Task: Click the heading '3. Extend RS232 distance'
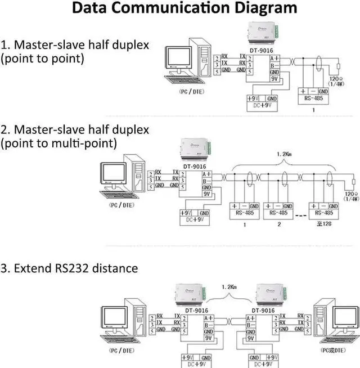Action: pos(69,268)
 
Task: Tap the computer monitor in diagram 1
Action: pos(178,58)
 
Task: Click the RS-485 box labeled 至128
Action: pos(325,210)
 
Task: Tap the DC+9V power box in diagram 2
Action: pos(194,216)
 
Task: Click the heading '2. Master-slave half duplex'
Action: pos(75,129)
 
